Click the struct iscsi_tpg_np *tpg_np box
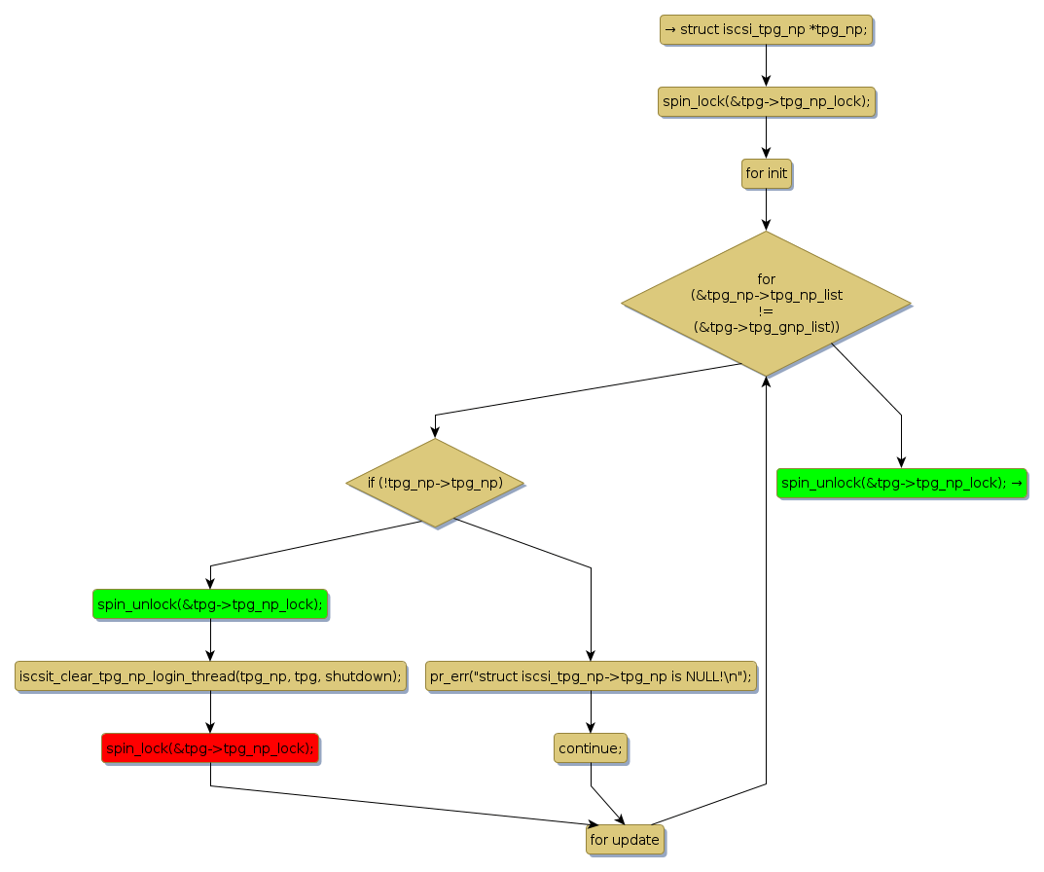766,30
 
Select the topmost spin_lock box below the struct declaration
766,101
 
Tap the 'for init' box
766,173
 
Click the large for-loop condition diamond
766,303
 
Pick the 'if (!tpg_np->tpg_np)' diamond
435,483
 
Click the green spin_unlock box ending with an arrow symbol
901,483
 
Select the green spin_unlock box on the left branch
210,604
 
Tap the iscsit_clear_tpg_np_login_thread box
210,676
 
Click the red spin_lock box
210,747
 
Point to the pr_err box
591,676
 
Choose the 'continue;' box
591,747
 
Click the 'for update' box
625,840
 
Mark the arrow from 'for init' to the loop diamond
766,209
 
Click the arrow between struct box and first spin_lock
766,66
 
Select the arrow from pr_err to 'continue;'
591,711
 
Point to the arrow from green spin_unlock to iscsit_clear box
210,640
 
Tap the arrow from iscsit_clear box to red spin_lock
210,711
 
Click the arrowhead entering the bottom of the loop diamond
766,382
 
